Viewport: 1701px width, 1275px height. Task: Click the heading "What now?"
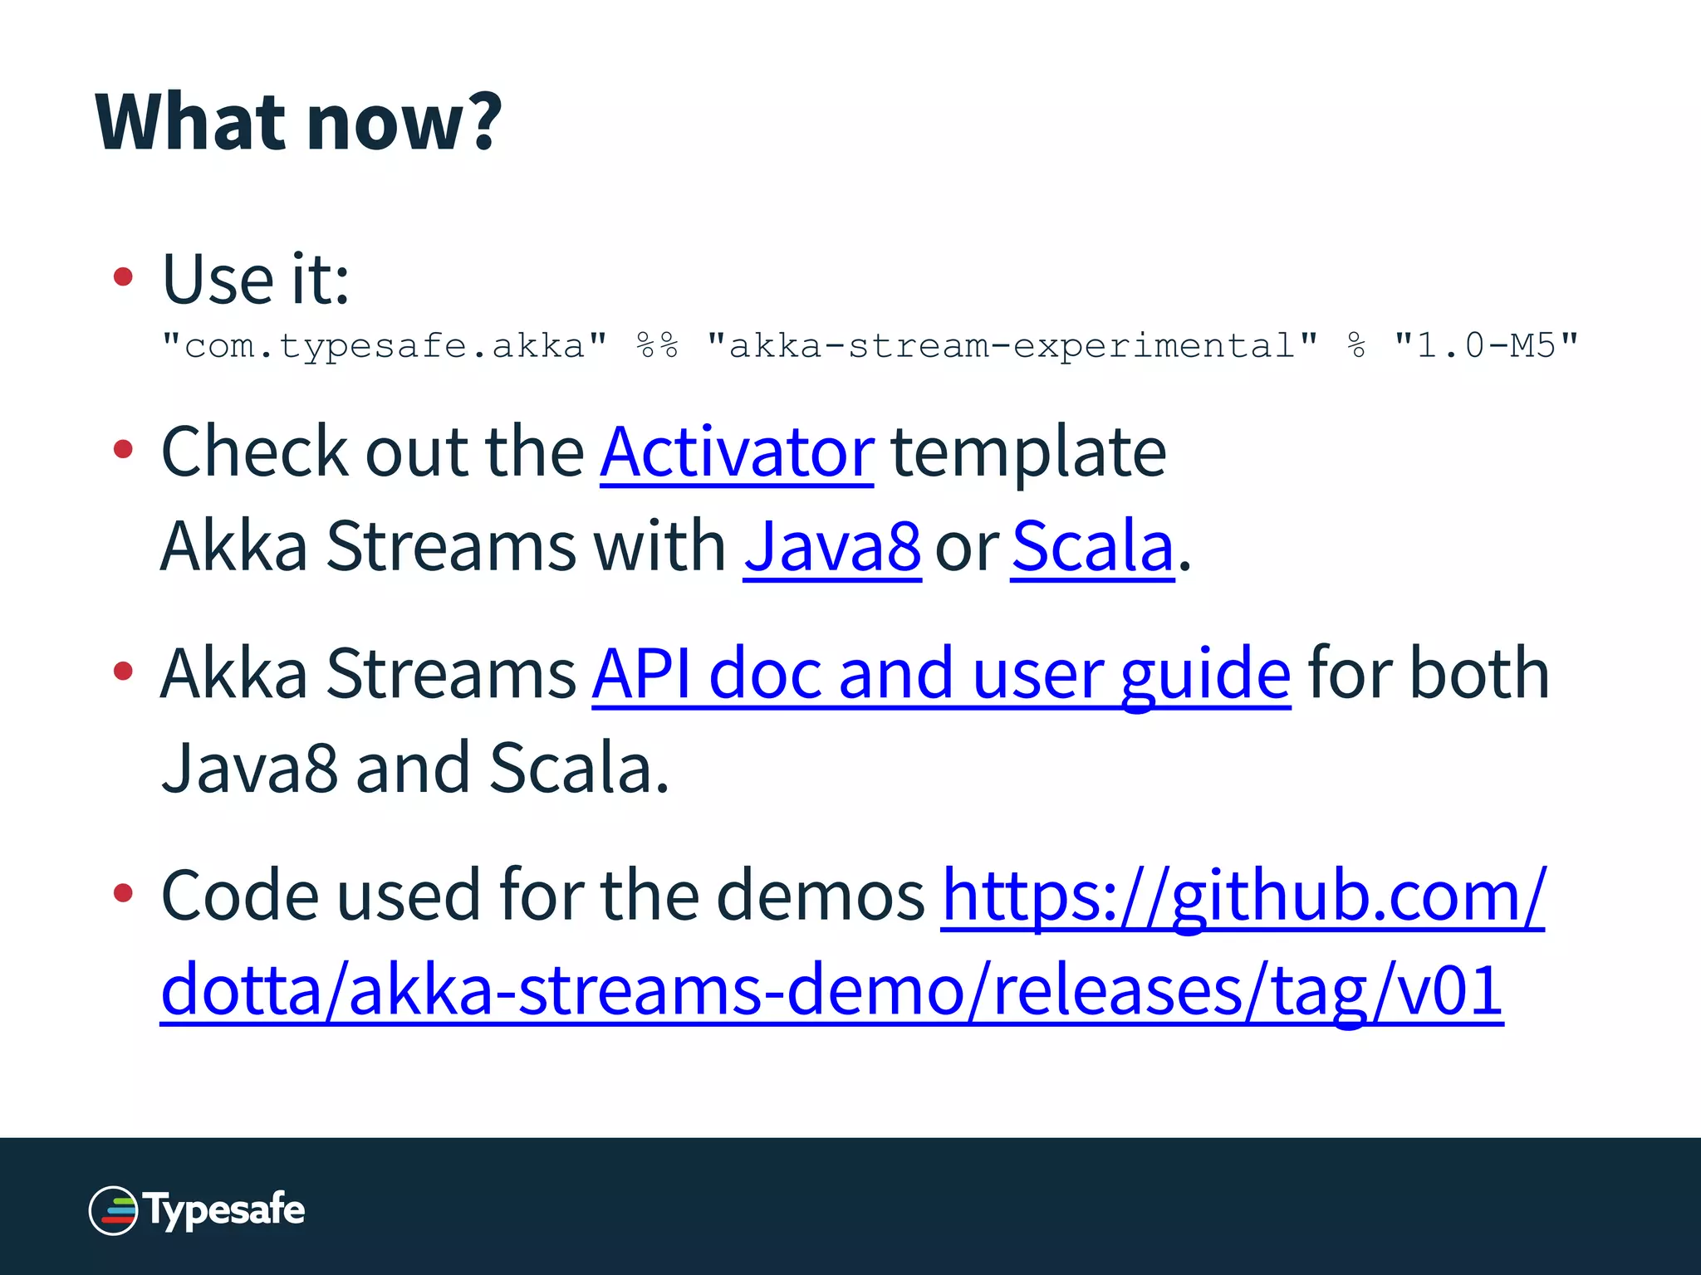tap(298, 122)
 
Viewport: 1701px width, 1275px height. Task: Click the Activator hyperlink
tap(737, 453)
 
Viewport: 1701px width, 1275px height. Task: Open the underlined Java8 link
tap(831, 548)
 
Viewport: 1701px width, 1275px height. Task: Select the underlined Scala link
tap(1092, 548)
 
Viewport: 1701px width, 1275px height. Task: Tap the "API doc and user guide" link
tap(941, 675)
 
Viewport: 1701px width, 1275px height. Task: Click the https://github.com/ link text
tap(1243, 896)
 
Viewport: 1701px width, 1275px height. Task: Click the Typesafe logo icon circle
tap(113, 1211)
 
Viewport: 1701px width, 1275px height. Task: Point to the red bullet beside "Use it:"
tap(123, 277)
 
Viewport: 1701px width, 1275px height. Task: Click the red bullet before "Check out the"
tap(123, 450)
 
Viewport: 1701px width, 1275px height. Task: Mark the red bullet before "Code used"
tap(123, 893)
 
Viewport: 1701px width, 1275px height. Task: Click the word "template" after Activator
tap(1028, 453)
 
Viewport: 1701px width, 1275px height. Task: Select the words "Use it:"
tap(256, 280)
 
